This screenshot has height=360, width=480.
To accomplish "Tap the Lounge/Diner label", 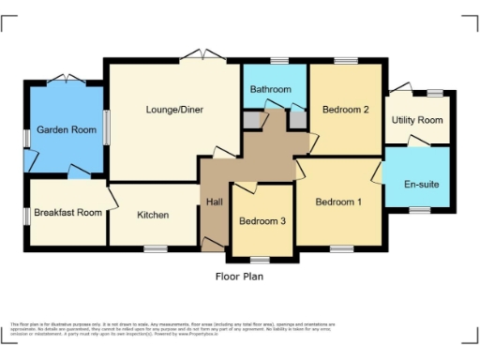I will [174, 110].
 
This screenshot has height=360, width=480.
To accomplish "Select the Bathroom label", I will [270, 89].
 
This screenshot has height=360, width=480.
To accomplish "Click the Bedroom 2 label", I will [345, 110].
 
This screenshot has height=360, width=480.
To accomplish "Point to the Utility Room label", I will [417, 120].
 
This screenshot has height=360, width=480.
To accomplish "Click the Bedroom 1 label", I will [337, 202].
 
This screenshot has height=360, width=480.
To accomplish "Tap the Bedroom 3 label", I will [262, 221].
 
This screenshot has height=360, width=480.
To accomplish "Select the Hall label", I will [214, 202].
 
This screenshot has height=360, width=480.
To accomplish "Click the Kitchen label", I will [153, 215].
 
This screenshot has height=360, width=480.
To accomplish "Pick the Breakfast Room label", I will [67, 213].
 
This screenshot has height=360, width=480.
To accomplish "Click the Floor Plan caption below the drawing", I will [240, 277].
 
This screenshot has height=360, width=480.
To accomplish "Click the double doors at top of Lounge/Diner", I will [203, 58].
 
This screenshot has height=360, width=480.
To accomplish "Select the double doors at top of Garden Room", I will [67, 80].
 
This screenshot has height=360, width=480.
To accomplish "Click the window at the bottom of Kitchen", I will [156, 248].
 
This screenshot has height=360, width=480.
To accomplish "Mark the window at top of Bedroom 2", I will [345, 61].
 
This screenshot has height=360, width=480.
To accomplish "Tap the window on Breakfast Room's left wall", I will [26, 214].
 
